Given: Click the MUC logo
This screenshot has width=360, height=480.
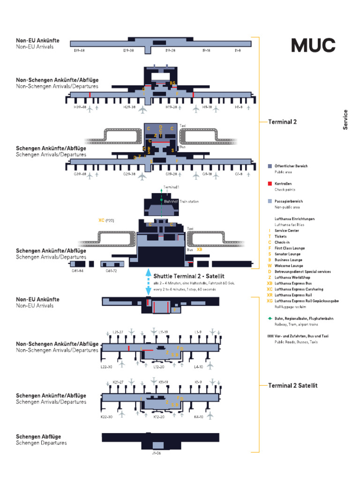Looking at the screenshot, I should (x=314, y=45).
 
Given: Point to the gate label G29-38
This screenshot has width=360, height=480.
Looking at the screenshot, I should (x=129, y=174).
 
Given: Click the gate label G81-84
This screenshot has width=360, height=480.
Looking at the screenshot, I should (x=77, y=271).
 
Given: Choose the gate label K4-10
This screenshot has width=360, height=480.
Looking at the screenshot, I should (x=199, y=417).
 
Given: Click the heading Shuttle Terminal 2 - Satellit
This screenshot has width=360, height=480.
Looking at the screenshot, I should (x=186, y=277).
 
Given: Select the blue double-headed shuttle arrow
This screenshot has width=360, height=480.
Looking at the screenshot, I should (x=148, y=282).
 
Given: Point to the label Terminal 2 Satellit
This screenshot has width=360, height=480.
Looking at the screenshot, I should (x=292, y=385).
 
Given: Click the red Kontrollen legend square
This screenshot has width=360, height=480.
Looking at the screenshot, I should (x=270, y=184).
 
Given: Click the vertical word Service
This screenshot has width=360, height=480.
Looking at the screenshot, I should (x=345, y=120).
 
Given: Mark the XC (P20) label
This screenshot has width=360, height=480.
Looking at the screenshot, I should (x=106, y=220).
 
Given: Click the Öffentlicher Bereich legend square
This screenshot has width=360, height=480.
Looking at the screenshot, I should (x=270, y=166).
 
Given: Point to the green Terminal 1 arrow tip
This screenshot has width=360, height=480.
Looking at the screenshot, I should (x=161, y=190).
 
